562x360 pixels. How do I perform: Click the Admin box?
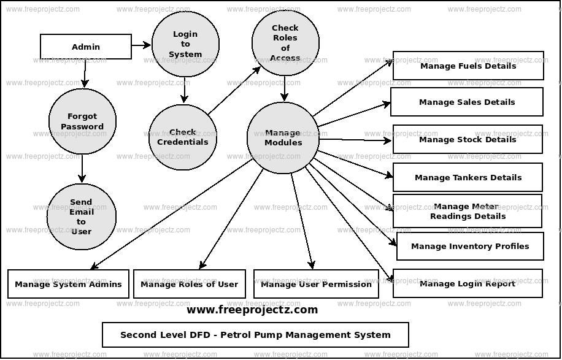pos(86,47)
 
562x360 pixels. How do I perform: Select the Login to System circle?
pos(185,44)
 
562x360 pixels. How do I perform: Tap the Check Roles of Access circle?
pos(285,42)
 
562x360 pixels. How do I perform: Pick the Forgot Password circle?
pos(82,121)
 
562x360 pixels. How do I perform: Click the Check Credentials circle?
pos(182,137)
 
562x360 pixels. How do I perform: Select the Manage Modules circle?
pos(283,137)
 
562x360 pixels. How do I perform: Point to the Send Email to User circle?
pos(81,216)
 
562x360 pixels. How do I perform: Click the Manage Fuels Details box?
pos(468,66)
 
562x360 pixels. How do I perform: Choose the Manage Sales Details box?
pos(467,102)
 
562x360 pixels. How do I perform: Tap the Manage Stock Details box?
pos(468,139)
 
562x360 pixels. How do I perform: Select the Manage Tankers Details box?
pos(468,177)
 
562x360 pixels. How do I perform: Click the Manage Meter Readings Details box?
pos(468,211)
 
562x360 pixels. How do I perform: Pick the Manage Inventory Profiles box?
pos(470,246)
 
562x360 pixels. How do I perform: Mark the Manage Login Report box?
pos(468,283)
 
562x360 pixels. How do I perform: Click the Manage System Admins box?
pos(68,284)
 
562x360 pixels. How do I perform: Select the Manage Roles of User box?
pos(189,284)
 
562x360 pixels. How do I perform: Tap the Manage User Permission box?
pos(316,284)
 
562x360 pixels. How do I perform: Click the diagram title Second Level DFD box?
pos(255,335)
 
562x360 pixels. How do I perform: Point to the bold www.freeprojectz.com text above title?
pos(252,310)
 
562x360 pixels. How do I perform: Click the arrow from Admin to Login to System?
pos(141,45)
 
